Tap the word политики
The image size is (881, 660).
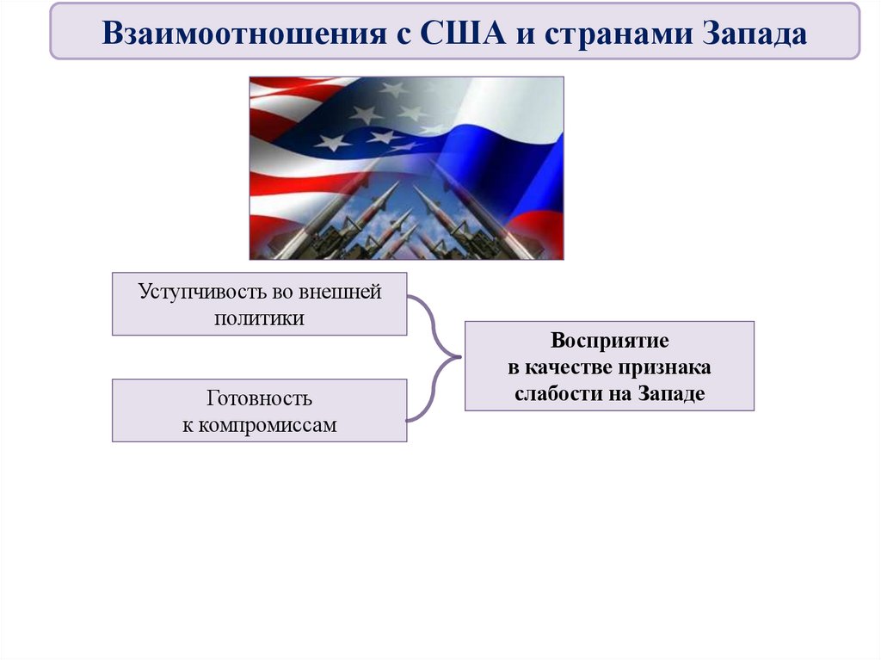coord(259,317)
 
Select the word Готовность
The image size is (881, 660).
coord(259,399)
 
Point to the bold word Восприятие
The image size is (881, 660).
coord(609,341)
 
